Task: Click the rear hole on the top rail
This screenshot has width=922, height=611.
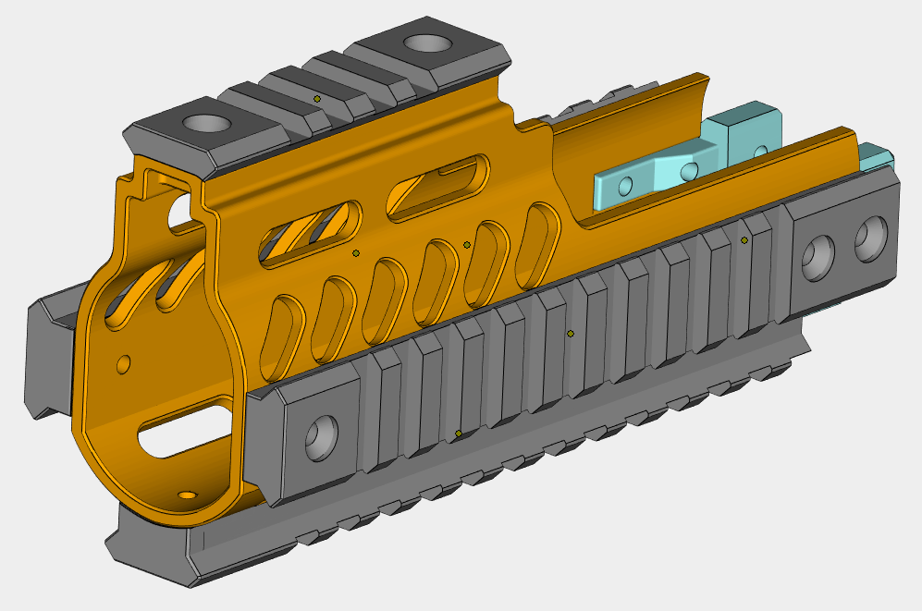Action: [424, 43]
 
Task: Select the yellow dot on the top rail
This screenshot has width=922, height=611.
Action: [317, 97]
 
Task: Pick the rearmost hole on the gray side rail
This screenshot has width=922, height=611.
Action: [871, 239]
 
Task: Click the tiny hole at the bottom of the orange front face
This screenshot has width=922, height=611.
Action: [189, 495]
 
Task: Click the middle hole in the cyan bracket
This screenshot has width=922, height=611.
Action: [687, 170]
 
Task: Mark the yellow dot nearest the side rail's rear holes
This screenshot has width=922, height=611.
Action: [744, 240]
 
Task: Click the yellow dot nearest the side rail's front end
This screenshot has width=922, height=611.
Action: [459, 434]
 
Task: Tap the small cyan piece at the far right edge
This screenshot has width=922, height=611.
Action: [874, 156]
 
